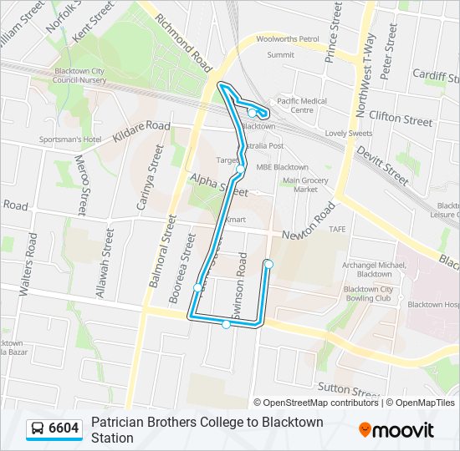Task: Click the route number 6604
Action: (x=64, y=428)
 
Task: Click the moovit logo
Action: (x=396, y=430)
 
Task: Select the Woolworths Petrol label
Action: (x=288, y=39)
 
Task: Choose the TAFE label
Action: (x=337, y=229)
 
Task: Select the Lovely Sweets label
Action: (x=349, y=134)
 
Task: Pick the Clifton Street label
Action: (x=401, y=119)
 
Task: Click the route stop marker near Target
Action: (x=241, y=170)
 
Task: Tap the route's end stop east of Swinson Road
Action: (x=268, y=264)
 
